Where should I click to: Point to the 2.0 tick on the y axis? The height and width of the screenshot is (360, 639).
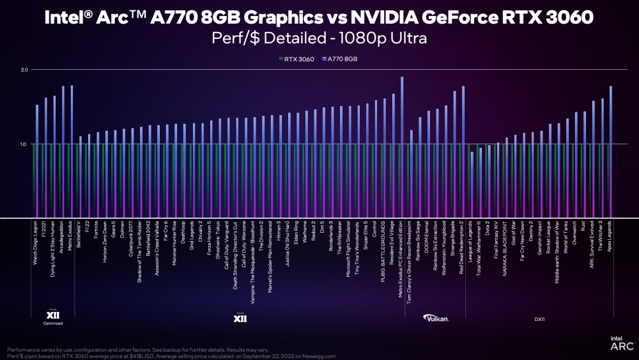[24, 69]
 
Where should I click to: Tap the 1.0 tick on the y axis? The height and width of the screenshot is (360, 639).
[24, 145]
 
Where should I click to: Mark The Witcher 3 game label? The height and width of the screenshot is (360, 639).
[603, 239]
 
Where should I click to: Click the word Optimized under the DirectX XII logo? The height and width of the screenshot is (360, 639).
[53, 324]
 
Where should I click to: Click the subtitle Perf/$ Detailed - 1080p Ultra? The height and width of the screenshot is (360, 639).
[319, 38]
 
